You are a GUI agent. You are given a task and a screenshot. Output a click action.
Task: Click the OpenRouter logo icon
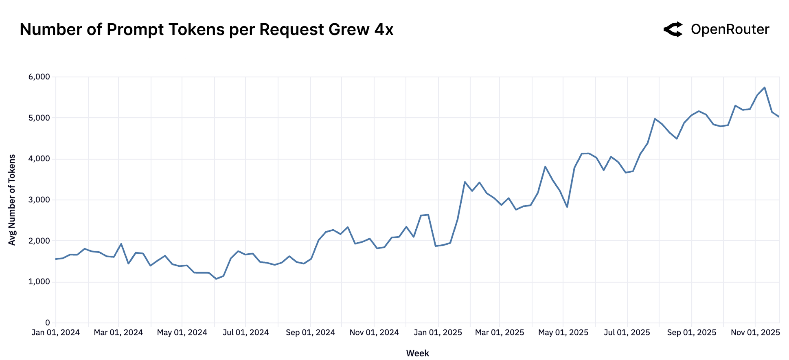point(673,29)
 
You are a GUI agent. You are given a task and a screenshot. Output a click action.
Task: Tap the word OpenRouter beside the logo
point(730,29)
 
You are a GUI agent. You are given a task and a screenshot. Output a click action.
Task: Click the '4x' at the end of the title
point(384,30)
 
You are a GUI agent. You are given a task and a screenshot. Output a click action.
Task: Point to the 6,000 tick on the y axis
point(39,77)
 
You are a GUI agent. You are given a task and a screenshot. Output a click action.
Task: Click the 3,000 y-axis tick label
point(39,200)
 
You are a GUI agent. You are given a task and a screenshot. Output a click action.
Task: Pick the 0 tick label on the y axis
point(47,323)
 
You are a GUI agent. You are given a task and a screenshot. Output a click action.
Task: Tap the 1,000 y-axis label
point(39,282)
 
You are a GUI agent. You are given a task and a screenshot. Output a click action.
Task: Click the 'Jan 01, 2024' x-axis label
point(56,333)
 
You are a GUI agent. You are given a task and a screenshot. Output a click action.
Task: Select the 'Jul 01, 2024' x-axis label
point(245,333)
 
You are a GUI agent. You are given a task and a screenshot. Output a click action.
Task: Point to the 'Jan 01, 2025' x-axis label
point(438,333)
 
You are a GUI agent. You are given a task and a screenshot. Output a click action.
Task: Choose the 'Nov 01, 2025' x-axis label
point(755,333)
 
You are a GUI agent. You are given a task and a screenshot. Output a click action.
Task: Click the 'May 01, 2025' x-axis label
point(563,333)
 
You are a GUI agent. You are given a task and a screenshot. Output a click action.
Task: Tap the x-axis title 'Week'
point(417,353)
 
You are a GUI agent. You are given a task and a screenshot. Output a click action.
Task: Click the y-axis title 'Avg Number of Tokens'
point(12,200)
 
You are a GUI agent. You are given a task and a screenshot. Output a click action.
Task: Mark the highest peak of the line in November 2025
point(765,88)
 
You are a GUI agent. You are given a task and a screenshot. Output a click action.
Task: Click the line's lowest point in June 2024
point(216,279)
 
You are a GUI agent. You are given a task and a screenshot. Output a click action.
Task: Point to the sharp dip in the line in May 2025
point(567,207)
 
